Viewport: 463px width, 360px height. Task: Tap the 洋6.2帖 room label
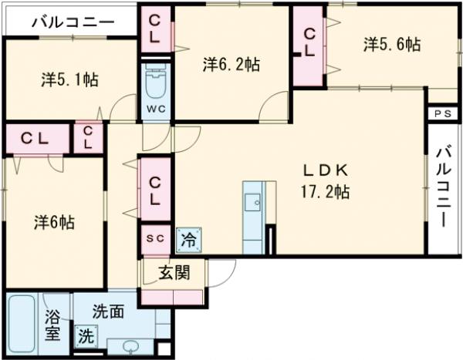231,65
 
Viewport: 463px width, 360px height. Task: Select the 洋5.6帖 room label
392,45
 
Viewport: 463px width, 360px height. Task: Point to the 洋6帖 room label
54,222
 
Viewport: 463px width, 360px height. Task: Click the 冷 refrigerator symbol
188,239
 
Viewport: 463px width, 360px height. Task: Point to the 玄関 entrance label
174,271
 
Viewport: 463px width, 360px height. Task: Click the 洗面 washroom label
108,312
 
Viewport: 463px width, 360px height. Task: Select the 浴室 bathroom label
52,325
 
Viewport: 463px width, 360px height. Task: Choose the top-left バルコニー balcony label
73,21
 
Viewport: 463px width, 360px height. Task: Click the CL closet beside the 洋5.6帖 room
309,43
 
